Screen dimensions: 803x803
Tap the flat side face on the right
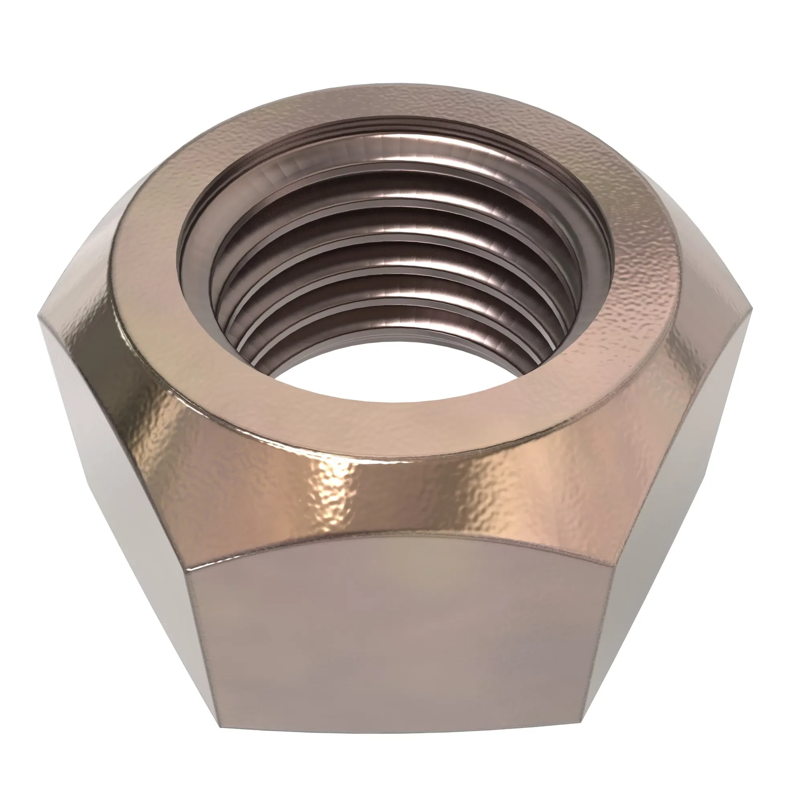click(x=682, y=520)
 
